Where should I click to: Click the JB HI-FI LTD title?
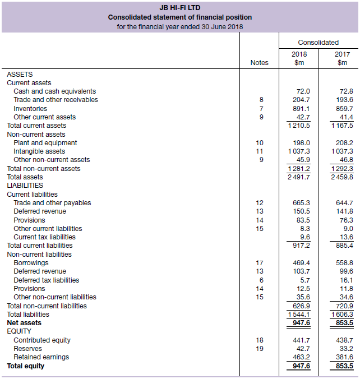pyautogui.click(x=179, y=8)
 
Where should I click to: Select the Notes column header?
pyautogui.click(x=259, y=63)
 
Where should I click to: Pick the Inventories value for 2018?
pyautogui.click(x=301, y=108)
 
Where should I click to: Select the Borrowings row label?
pyautogui.click(x=31, y=262)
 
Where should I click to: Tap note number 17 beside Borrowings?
pyautogui.click(x=259, y=262)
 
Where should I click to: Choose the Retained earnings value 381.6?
pyautogui.click(x=344, y=357)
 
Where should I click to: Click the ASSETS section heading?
pyautogui.click(x=20, y=74)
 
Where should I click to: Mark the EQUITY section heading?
pyautogui.click(x=19, y=331)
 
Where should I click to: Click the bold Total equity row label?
pyautogui.click(x=25, y=366)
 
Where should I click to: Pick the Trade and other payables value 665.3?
pyautogui.click(x=301, y=202)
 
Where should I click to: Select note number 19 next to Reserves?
pyautogui.click(x=259, y=349)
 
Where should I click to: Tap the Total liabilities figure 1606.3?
pyautogui.click(x=342, y=315)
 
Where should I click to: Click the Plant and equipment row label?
pyautogui.click(x=45, y=142)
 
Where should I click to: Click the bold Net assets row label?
pyautogui.click(x=24, y=323)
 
